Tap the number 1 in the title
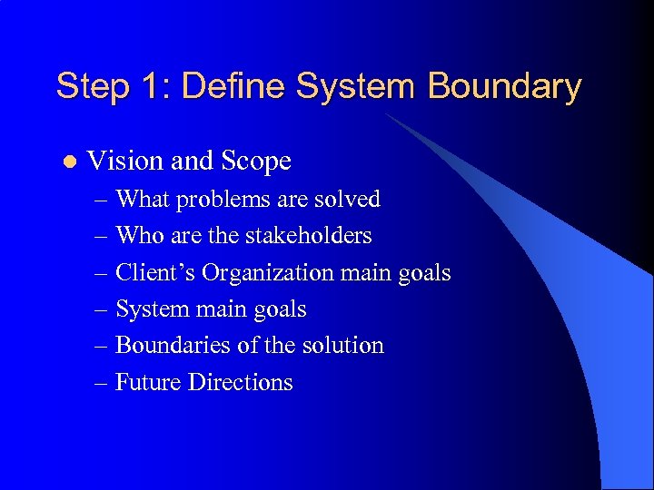[x=150, y=87]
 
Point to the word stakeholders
[x=308, y=236]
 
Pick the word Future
[x=148, y=382]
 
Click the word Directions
[x=241, y=382]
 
